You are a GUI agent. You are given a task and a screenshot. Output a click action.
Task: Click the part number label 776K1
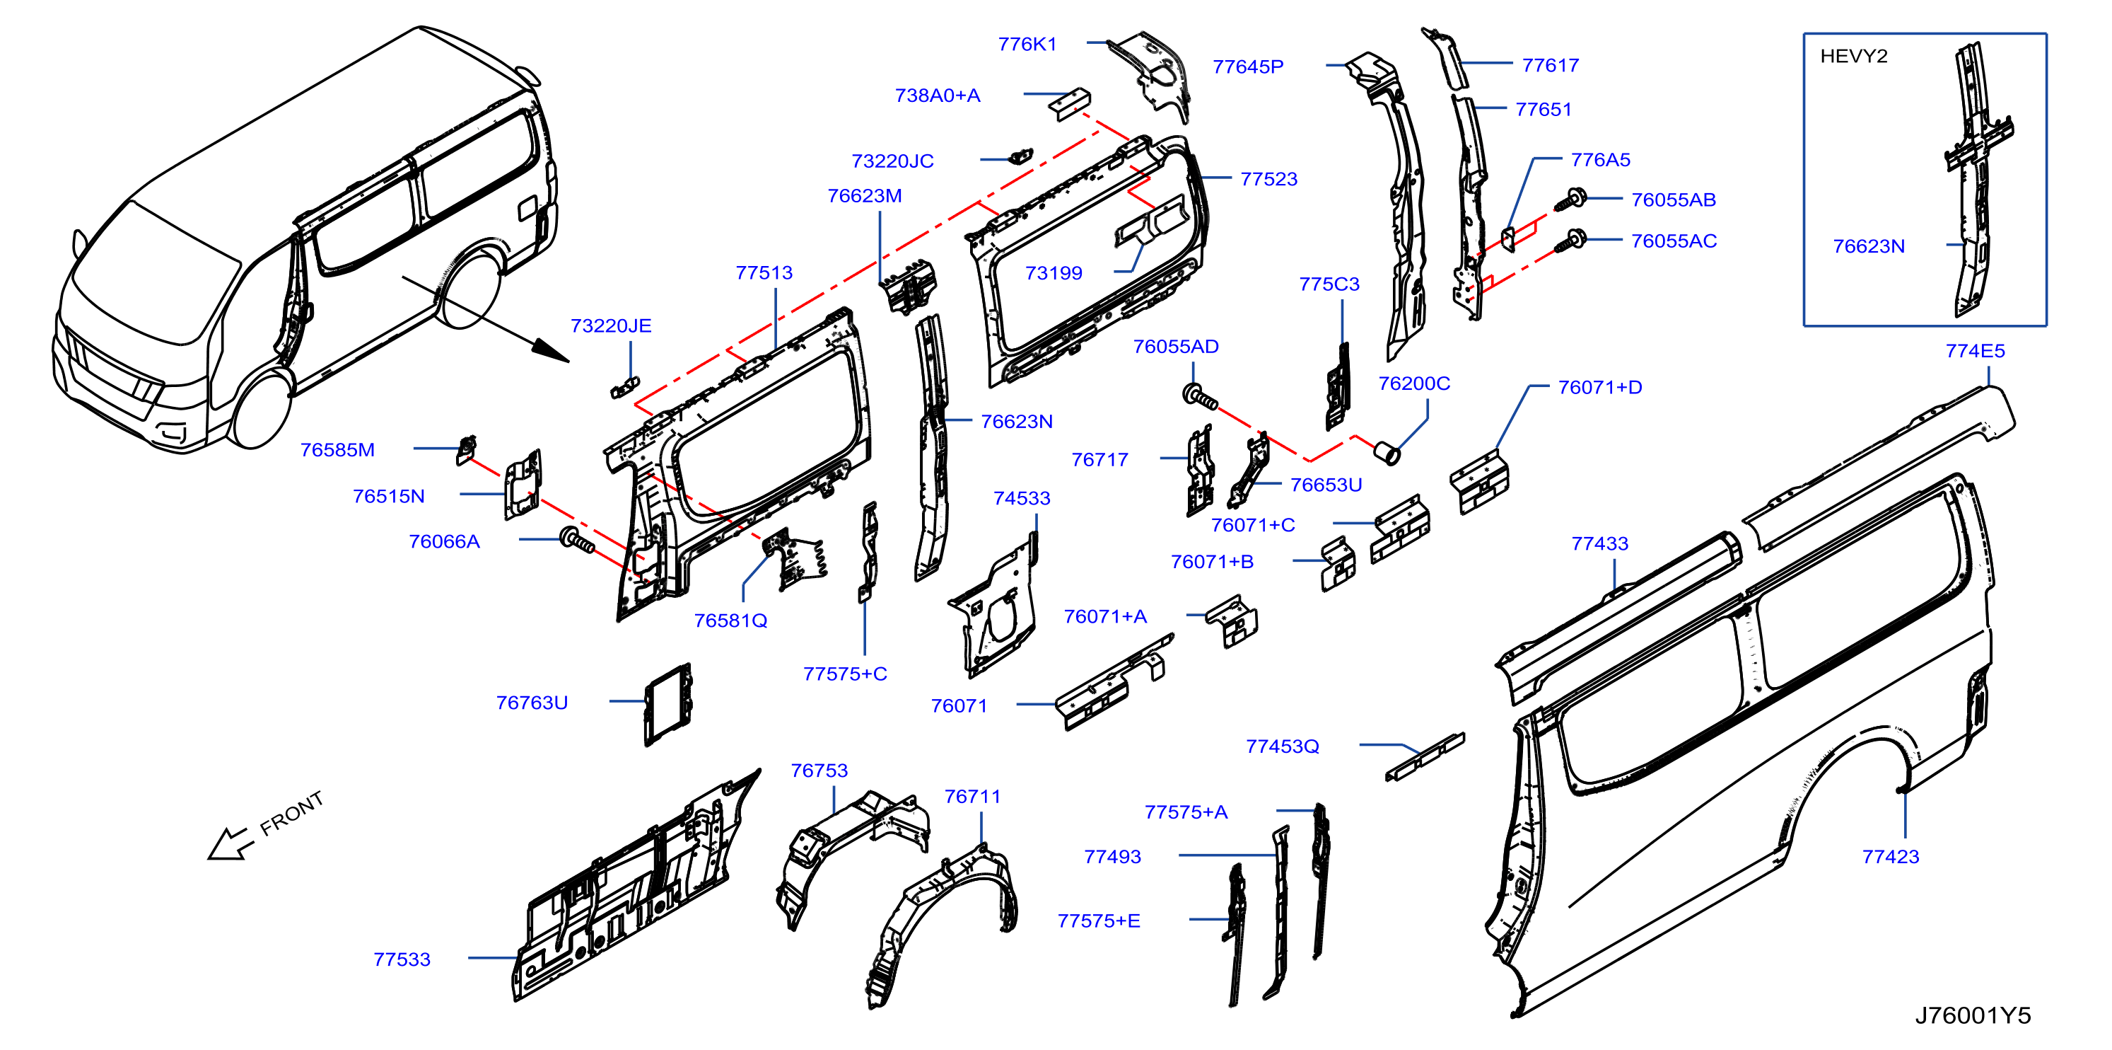coord(1027,45)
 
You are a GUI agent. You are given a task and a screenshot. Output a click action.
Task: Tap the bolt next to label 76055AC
coord(1571,242)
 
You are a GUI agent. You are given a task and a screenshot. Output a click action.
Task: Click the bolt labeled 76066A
coord(576,541)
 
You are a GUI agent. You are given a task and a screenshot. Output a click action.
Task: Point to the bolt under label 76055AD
coord(1201,396)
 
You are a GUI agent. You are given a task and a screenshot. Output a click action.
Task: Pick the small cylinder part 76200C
coord(1387,452)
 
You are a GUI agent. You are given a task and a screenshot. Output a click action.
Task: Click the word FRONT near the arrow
coord(292,814)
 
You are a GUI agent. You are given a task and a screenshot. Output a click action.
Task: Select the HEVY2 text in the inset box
coord(1853,57)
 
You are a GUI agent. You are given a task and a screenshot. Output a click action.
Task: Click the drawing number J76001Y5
coord(1973,1015)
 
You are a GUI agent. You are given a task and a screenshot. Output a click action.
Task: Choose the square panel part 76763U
coord(668,705)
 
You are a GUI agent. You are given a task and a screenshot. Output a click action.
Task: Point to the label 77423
coord(1891,858)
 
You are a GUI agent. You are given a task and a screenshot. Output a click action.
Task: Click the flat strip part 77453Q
coord(1425,757)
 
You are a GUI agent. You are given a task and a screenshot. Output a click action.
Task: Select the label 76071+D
coord(1599,388)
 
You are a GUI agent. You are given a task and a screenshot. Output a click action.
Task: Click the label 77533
coord(402,959)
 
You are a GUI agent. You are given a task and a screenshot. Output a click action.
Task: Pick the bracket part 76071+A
coord(1232,621)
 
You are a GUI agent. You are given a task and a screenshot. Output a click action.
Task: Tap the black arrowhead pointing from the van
coord(550,350)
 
